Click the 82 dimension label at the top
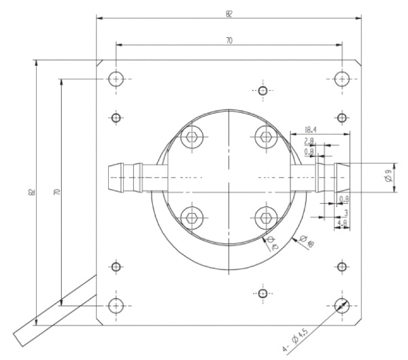click(x=228, y=12)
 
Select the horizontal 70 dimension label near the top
click(x=228, y=41)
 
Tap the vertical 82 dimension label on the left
click(x=31, y=193)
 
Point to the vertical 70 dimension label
click(x=57, y=193)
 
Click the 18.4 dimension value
click(x=311, y=129)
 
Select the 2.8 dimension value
click(x=309, y=141)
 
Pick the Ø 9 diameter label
click(x=387, y=178)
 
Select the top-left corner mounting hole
click(x=116, y=79)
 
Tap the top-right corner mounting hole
click(x=341, y=79)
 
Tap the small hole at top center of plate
click(x=263, y=90)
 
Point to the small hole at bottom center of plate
click(x=263, y=293)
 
